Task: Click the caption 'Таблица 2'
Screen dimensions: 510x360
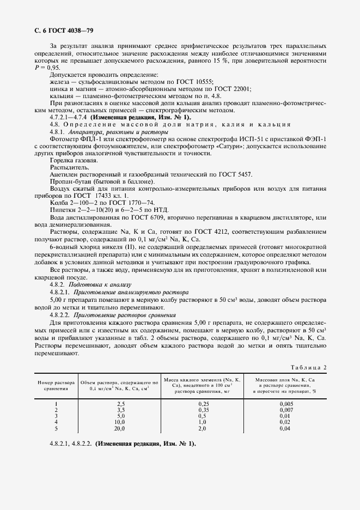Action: click(x=308, y=367)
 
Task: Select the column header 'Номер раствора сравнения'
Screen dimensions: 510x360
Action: click(x=56, y=386)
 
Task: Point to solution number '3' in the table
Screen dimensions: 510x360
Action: click(x=56, y=415)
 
